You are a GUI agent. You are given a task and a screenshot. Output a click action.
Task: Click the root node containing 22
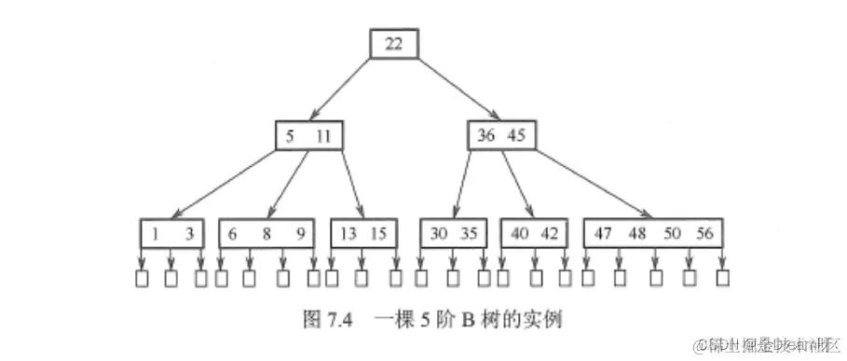[x=393, y=44]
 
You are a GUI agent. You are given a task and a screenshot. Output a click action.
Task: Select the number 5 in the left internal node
[x=291, y=135]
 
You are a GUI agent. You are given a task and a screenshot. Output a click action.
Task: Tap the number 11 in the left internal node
[x=323, y=135]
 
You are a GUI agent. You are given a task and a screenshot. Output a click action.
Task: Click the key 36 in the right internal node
[x=486, y=135]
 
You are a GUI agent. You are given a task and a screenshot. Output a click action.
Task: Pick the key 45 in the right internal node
[x=517, y=135]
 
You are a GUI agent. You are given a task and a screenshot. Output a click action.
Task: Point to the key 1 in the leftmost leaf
[x=155, y=233]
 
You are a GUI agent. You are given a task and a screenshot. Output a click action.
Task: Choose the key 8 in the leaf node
[x=266, y=233]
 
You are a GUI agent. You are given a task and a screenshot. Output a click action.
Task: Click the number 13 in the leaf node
[x=348, y=233]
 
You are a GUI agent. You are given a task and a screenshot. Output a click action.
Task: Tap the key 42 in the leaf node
[x=551, y=233]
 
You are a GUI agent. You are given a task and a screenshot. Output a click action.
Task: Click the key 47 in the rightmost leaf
[x=603, y=233]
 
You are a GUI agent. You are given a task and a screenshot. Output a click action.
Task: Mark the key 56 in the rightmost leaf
[x=704, y=233]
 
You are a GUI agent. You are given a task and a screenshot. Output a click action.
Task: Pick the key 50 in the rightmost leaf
[x=671, y=233]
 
